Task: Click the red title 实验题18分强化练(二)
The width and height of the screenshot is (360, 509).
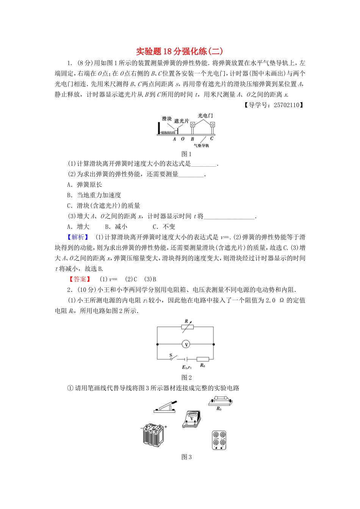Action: [179, 52]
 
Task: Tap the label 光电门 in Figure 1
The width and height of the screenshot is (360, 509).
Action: [205, 116]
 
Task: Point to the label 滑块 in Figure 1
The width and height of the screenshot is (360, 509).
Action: [167, 119]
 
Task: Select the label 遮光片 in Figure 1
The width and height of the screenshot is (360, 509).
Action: [182, 121]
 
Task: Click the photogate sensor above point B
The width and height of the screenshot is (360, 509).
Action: [193, 125]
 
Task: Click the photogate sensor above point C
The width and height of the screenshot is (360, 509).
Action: [213, 125]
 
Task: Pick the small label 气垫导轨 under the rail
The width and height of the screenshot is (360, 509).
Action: [201, 145]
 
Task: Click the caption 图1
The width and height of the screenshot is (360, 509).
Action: [186, 154]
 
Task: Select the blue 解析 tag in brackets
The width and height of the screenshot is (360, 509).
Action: [78, 237]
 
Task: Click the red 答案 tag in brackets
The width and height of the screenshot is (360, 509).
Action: [80, 279]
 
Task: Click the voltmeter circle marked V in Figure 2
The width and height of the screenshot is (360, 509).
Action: [186, 344]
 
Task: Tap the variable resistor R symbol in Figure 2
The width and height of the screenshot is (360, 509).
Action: [186, 327]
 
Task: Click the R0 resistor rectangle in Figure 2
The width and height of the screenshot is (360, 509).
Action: [202, 359]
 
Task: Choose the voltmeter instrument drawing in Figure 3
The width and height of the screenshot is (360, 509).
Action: [191, 419]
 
